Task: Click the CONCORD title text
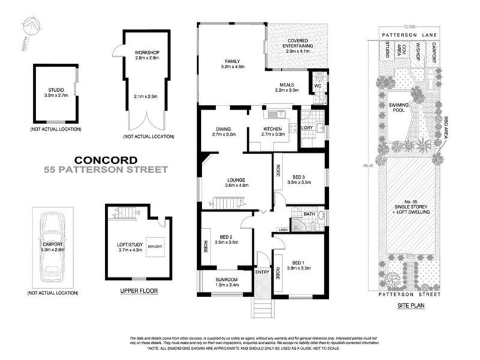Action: [x=105, y=160]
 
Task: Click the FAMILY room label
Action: [x=232, y=61]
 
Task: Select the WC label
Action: [x=317, y=85]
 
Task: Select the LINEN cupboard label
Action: [x=282, y=229]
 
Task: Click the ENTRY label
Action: [x=262, y=272]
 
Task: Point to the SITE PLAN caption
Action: [x=410, y=305]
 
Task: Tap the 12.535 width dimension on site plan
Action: [x=410, y=27]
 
